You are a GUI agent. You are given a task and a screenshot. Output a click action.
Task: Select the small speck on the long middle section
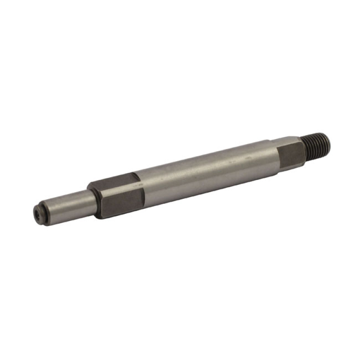pos(246,159)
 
